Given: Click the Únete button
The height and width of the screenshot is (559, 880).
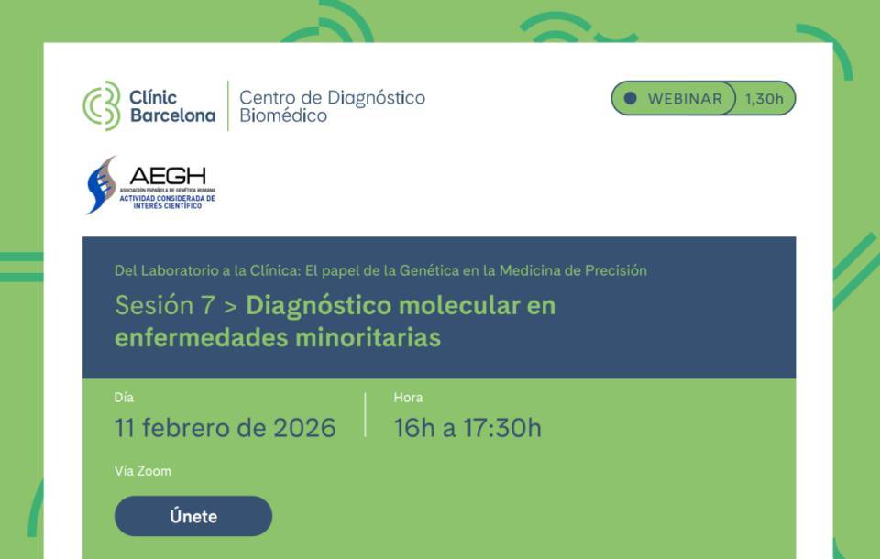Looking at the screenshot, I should [193, 516].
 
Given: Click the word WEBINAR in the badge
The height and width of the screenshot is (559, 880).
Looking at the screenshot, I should [685, 99].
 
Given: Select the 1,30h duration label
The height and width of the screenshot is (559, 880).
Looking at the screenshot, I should [764, 99].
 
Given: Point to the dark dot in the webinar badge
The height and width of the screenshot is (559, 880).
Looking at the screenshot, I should [630, 99].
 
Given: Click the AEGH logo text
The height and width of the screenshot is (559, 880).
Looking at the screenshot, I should [168, 176].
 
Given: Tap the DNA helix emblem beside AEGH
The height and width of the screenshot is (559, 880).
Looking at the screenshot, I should [101, 184].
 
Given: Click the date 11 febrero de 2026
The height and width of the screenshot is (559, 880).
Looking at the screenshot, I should [225, 428].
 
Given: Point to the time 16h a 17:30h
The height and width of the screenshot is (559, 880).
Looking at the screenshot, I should [467, 428].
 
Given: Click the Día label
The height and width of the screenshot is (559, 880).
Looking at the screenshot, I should [124, 398].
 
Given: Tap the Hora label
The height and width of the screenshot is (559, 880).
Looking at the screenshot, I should [408, 398].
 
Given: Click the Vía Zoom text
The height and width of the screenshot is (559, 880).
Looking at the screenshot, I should [142, 471].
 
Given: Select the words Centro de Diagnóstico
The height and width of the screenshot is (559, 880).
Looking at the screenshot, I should [332, 97].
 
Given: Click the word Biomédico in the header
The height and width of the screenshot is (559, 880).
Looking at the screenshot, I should [283, 116].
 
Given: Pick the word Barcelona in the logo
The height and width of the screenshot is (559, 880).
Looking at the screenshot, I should [172, 116].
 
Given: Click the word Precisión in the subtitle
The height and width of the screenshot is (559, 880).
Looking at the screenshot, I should [613, 270].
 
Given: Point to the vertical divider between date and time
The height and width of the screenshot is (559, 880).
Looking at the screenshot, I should [365, 415].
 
